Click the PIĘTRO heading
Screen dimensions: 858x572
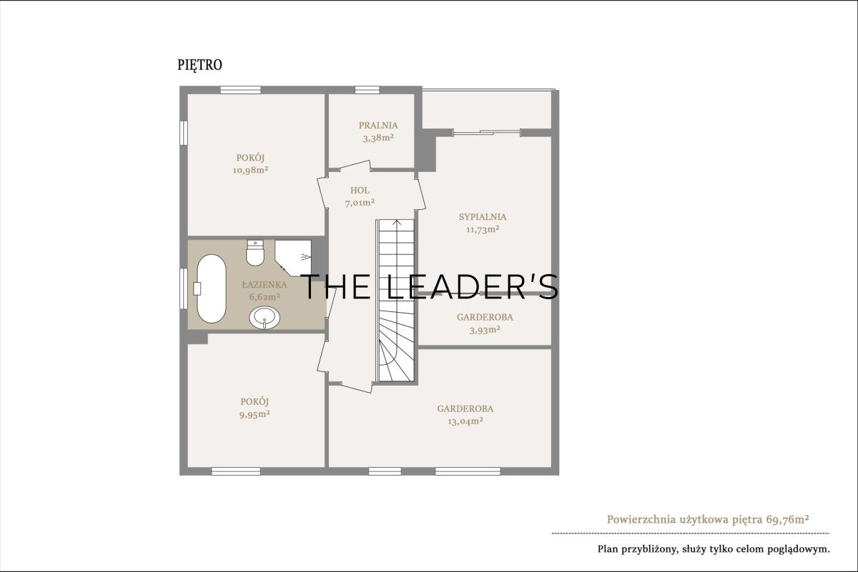click(199, 65)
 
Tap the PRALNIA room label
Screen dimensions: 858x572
click(378, 125)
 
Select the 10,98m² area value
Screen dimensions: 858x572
click(250, 170)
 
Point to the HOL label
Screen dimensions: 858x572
click(360, 190)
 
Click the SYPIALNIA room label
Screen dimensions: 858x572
click(483, 217)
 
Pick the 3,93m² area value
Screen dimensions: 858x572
click(485, 330)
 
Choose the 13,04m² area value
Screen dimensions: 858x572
click(465, 421)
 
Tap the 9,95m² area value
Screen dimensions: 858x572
click(255, 414)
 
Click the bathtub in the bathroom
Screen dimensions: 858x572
click(211, 288)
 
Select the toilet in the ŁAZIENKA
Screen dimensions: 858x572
click(255, 253)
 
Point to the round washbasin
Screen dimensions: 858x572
click(265, 318)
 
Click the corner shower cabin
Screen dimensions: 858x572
click(293, 257)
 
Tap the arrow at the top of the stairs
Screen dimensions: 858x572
click(397, 223)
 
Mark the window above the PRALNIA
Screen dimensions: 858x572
click(367, 90)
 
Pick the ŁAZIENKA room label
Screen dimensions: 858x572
click(265, 285)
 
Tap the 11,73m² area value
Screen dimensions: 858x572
click(483, 229)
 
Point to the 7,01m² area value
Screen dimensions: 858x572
click(360, 203)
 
